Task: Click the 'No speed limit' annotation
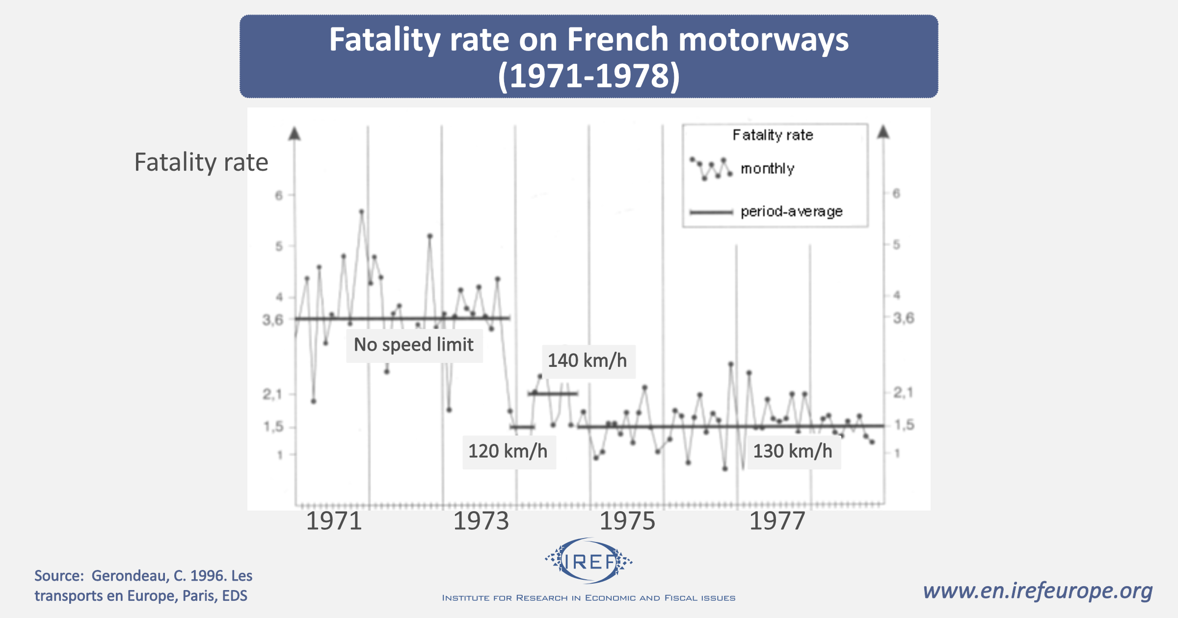pyautogui.click(x=414, y=345)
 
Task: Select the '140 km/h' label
pyautogui.click(x=588, y=361)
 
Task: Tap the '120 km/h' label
pyautogui.click(x=508, y=451)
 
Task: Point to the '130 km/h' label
pyautogui.click(x=793, y=451)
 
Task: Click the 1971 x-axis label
pyautogui.click(x=334, y=521)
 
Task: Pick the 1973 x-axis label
pyautogui.click(x=481, y=521)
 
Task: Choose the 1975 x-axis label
pyautogui.click(x=627, y=521)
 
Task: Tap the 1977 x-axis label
pyautogui.click(x=777, y=521)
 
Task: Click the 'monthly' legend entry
pyautogui.click(x=767, y=169)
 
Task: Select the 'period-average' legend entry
pyautogui.click(x=791, y=211)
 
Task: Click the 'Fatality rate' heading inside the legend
pyautogui.click(x=773, y=135)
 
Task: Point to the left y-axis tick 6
pyautogui.click(x=279, y=195)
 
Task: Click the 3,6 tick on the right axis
pyautogui.click(x=904, y=318)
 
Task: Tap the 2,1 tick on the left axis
pyautogui.click(x=272, y=394)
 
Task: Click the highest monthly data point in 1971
pyautogui.click(x=362, y=212)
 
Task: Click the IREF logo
pyautogui.click(x=589, y=561)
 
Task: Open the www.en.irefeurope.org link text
pyautogui.click(x=1038, y=591)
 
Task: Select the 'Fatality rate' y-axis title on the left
pyautogui.click(x=201, y=162)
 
